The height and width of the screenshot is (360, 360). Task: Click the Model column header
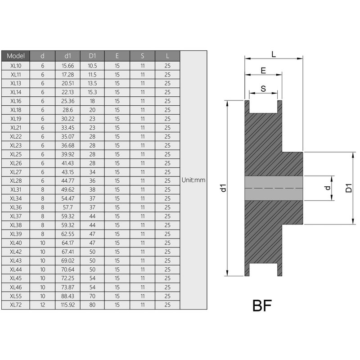pyautogui.click(x=15, y=56)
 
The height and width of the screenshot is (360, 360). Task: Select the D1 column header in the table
pyautogui.click(x=92, y=56)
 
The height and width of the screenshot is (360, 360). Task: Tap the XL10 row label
pyautogui.click(x=15, y=66)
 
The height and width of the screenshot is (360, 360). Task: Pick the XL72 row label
pyautogui.click(x=15, y=305)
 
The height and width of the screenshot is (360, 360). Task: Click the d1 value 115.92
pyautogui.click(x=67, y=305)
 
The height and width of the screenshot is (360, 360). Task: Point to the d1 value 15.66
pyautogui.click(x=67, y=66)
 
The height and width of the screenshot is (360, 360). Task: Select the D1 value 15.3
pyautogui.click(x=92, y=92)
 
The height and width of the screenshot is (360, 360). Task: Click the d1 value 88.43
pyautogui.click(x=67, y=296)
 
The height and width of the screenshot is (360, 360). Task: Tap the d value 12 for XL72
pyautogui.click(x=43, y=305)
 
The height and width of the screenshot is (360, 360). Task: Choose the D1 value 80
pyautogui.click(x=92, y=305)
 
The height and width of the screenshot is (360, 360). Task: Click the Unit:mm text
pyautogui.click(x=193, y=180)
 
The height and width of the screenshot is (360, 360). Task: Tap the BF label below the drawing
pyautogui.click(x=262, y=306)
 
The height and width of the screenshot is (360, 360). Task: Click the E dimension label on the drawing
pyautogui.click(x=263, y=71)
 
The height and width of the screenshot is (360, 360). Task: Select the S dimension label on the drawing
pyautogui.click(x=263, y=89)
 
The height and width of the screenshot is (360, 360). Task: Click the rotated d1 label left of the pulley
pyautogui.click(x=223, y=188)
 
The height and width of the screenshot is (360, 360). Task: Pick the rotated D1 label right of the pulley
pyautogui.click(x=349, y=188)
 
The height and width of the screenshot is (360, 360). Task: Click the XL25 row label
pyautogui.click(x=15, y=154)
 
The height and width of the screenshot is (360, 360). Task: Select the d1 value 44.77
pyautogui.click(x=67, y=180)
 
